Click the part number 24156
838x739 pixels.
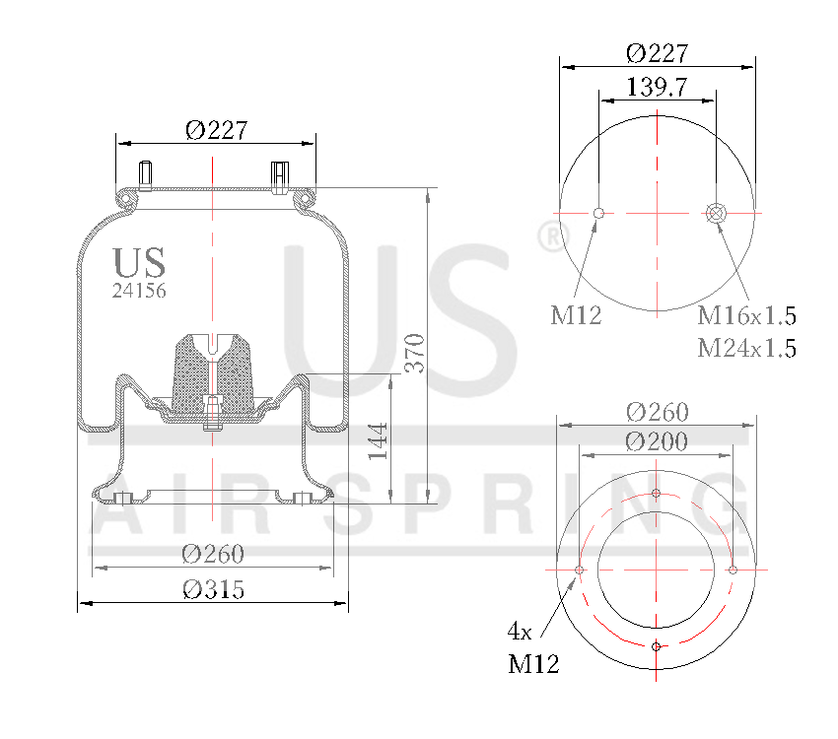pos(138,291)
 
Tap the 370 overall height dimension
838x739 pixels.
pos(415,352)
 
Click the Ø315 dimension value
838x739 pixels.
pos(214,589)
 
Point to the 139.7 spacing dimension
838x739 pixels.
pos(657,87)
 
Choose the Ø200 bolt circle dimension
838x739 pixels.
pos(657,441)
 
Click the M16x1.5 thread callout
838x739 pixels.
pos(746,316)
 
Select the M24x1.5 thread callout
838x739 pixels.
pos(746,348)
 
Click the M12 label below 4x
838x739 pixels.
pos(533,665)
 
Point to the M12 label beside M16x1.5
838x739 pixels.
pos(576,316)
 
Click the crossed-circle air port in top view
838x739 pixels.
pos(716,212)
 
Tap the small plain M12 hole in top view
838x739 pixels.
pos(598,212)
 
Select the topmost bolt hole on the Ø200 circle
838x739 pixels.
pos(657,494)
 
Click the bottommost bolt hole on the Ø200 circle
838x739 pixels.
pos(657,646)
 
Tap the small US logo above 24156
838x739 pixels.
pos(139,262)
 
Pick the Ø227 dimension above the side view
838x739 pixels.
pos(215,129)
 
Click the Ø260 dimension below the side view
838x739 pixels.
pos(212,554)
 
